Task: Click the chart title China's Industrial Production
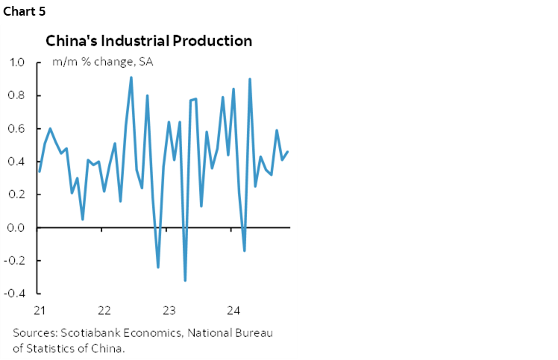pos(148,40)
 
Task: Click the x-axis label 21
pos(40,310)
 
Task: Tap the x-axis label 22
pos(104,310)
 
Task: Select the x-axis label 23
pos(169,310)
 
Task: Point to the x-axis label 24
pos(233,310)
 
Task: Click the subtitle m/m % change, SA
pos(103,62)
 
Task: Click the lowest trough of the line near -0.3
pos(185,280)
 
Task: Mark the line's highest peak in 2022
pos(131,78)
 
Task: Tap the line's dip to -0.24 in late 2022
pos(158,267)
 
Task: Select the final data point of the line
pos(288,152)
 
